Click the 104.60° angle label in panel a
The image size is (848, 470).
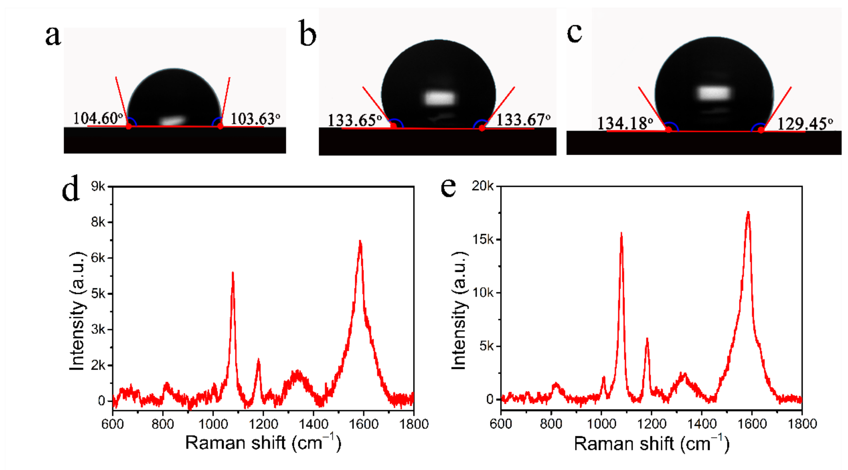coord(98,118)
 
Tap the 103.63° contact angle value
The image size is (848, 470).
coord(255,119)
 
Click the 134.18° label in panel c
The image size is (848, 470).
coord(625,124)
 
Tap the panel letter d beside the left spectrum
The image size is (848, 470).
coord(70,189)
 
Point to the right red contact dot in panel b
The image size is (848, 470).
coord(482,128)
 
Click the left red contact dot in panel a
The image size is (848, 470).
coord(129,126)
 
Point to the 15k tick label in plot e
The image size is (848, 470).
coord(483,239)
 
